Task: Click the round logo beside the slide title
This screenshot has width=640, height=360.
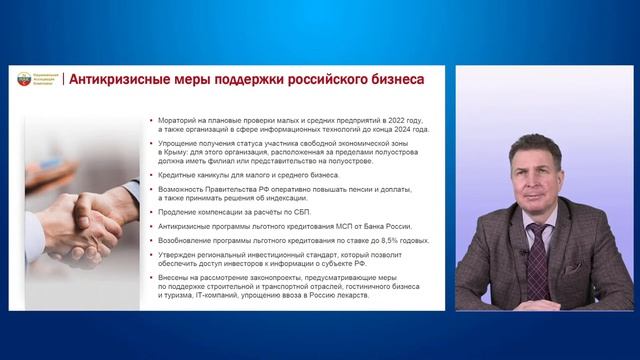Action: [24, 79]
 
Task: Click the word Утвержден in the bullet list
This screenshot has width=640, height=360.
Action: [179, 255]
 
